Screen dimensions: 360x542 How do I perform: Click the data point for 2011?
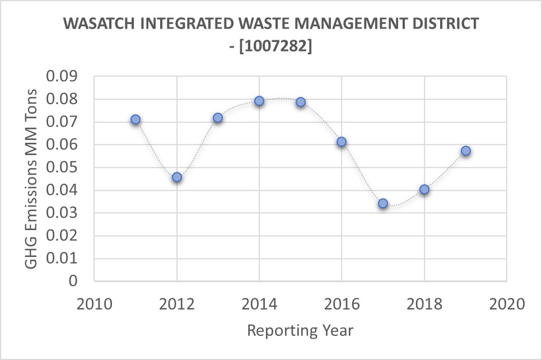point(135,120)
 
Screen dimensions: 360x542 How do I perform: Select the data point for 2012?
point(177,177)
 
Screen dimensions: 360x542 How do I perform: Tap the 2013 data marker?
point(218,118)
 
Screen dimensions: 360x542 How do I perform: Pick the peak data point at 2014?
point(259,101)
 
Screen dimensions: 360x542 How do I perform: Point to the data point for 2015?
point(301,102)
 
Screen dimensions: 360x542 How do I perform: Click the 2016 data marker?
point(342,142)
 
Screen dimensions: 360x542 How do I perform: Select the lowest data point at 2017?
point(383,203)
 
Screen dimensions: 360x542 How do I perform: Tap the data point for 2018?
point(424,189)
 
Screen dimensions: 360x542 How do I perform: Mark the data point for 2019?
point(465,151)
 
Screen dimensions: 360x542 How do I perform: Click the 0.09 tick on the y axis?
point(63,77)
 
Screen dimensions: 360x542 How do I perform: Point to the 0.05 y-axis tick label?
point(63,168)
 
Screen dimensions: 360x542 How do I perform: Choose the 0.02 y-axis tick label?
point(63,236)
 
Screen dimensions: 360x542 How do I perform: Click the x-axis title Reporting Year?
point(300,330)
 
